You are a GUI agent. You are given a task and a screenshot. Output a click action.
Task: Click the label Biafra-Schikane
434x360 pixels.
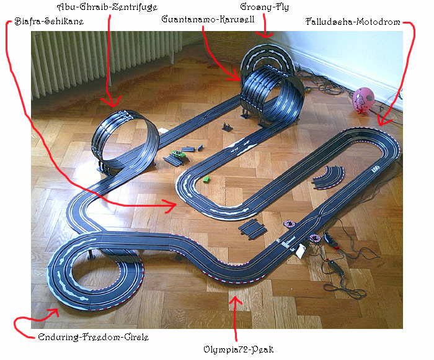point(49,21)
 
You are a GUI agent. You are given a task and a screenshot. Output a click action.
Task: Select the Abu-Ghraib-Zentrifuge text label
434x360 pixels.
point(107,7)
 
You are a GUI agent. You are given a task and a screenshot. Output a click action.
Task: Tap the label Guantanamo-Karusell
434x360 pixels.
point(208,19)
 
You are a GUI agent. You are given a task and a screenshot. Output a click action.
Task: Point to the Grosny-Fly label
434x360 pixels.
point(264,7)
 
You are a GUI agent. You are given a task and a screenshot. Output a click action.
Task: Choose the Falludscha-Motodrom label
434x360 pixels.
point(353,22)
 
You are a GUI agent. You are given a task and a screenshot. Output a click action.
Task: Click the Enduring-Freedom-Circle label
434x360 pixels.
point(93,337)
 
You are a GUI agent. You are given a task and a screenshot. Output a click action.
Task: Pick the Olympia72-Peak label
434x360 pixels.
point(238,349)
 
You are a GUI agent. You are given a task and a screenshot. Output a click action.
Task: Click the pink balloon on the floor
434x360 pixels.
point(363,100)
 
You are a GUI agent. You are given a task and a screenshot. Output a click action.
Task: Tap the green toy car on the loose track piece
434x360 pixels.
point(179,154)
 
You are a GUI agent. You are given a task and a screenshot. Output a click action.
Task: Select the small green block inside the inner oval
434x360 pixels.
point(206,179)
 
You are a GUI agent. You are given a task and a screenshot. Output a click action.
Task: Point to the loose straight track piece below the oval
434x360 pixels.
point(253,228)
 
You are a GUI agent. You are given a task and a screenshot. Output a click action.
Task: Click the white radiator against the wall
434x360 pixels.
point(105,61)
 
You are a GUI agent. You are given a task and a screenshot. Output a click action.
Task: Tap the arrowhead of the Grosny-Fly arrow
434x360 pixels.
point(265,35)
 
